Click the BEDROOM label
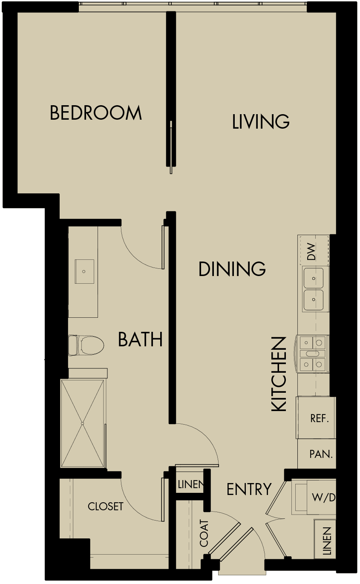95,113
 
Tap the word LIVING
261,122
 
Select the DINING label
232,269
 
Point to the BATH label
140,340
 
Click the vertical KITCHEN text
279,374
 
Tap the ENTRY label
249,489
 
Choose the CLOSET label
105,506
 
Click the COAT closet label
204,533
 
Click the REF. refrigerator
319,418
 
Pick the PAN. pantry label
321,454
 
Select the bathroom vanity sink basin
84,271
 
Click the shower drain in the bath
82,423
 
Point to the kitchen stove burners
313,353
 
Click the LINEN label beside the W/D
327,541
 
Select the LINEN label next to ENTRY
190,485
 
